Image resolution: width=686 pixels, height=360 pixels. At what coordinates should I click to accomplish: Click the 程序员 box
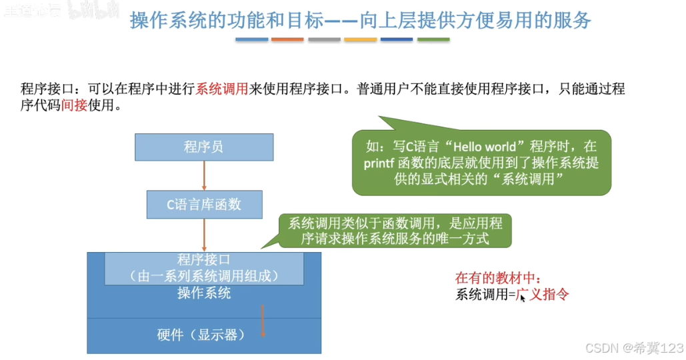204,147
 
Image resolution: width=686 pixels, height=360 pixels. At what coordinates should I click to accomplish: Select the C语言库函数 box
204,205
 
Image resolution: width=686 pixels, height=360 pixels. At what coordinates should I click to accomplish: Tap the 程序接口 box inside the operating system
204,267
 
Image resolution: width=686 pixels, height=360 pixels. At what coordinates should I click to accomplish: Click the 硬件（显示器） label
201,335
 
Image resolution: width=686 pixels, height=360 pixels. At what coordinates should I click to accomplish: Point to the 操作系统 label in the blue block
204,293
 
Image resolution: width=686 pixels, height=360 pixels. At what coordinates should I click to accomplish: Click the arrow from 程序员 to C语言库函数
204,175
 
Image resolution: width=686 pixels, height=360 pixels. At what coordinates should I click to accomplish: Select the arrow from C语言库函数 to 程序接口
204,235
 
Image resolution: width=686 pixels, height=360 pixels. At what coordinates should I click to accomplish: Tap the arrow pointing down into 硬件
264,321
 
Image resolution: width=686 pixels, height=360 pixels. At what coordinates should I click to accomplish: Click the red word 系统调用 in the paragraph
221,89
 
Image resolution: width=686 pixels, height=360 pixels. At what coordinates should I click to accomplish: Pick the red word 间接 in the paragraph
74,105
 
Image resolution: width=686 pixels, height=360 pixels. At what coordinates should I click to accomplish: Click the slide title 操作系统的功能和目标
361,21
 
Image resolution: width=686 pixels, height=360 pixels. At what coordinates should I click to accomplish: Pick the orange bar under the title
288,40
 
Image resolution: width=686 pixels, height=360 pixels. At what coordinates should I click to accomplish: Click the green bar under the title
433,40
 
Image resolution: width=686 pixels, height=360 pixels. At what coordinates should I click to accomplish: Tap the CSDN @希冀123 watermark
633,348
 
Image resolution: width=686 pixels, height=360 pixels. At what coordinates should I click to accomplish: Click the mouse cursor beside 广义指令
523,297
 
